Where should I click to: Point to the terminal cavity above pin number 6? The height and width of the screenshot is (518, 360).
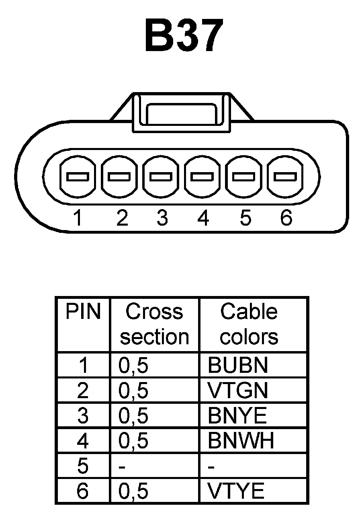[285, 177]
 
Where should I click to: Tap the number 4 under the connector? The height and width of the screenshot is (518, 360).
[203, 218]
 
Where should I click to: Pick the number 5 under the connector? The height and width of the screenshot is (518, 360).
[245, 218]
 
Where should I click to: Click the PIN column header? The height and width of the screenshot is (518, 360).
[83, 312]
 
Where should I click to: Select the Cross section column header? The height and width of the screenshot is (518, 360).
[154, 324]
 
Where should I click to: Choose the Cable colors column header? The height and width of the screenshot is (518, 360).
[249, 324]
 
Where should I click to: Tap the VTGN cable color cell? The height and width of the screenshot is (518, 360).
[237, 391]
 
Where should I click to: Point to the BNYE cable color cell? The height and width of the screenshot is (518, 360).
[237, 416]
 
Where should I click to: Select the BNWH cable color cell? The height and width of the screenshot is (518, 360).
[241, 441]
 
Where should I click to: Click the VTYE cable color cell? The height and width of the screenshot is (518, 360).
[236, 491]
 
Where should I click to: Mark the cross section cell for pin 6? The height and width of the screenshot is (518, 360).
[133, 491]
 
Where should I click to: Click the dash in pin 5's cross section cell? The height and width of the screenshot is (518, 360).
[123, 467]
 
